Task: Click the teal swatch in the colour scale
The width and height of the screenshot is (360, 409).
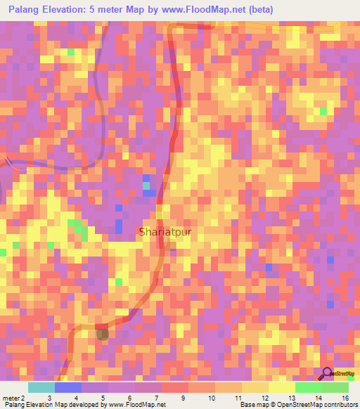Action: tap(41, 387)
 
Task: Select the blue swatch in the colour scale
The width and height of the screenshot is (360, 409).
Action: tap(67, 387)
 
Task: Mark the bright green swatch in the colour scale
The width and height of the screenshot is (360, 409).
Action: tap(308, 387)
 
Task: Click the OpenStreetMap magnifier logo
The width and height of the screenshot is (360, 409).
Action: tap(327, 373)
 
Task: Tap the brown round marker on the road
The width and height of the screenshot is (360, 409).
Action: tap(103, 333)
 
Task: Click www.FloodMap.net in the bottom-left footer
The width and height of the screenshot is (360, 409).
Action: tap(137, 405)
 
